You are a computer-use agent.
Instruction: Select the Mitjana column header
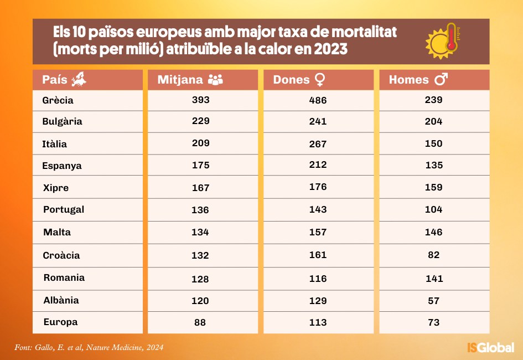coord(180,80)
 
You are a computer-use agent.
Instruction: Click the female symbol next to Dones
coord(319,80)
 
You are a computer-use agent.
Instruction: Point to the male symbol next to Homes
coord(441,80)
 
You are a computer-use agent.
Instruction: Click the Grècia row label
coord(58,100)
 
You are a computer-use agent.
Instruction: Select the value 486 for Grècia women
coord(318,100)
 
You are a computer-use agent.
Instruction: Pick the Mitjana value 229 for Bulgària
coord(200,121)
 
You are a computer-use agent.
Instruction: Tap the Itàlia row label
coord(54,144)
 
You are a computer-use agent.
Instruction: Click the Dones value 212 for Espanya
coord(318,164)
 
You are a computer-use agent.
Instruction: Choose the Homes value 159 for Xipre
coord(434,187)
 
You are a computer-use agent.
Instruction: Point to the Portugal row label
coord(64,209)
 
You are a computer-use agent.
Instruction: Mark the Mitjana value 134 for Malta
coord(200,232)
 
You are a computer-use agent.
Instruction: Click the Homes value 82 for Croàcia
coord(434,255)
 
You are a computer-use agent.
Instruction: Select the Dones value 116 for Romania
coord(318,277)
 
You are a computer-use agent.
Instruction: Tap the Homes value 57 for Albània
coord(434,300)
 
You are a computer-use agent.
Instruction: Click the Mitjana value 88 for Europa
coord(200,322)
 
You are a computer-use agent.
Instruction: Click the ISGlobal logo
coord(490,348)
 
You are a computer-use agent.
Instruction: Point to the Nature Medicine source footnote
coord(89,348)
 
